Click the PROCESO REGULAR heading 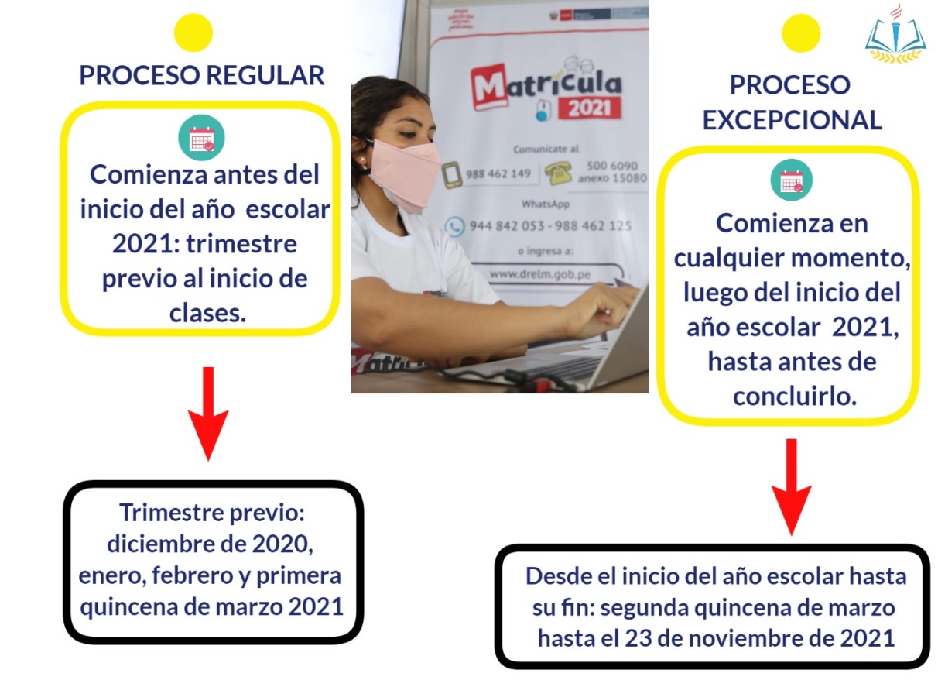tap(202, 75)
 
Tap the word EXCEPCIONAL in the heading tap(793, 120)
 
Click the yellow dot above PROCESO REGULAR tap(193, 33)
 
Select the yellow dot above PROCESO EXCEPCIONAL tap(801, 33)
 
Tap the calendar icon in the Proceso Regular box tap(201, 138)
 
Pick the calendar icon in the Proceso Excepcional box tap(792, 180)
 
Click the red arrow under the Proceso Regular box tap(208, 414)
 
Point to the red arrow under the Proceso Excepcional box tap(792, 487)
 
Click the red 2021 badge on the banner tap(589, 108)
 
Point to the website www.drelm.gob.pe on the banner tap(540, 274)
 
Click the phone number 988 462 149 tap(498, 173)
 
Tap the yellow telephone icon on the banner tap(559, 174)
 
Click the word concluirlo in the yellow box tap(795, 397)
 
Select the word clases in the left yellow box tap(207, 313)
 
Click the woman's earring tap(360, 160)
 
